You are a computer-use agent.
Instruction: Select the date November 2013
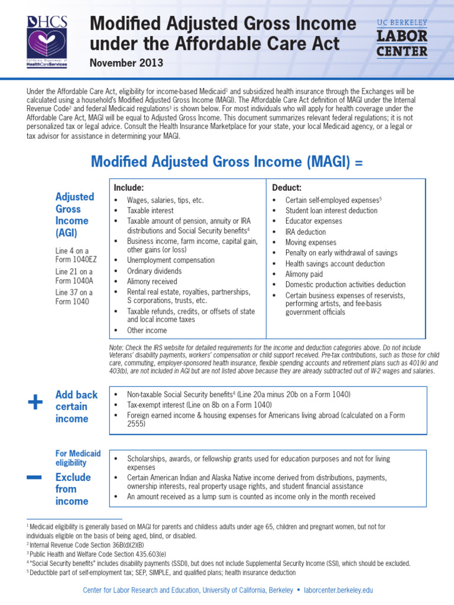pyautogui.click(x=126, y=62)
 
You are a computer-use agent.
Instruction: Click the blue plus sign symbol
pyautogui.click(x=35, y=403)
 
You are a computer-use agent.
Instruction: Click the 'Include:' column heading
pyautogui.click(x=129, y=187)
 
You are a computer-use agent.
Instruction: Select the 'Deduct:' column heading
pyautogui.click(x=287, y=187)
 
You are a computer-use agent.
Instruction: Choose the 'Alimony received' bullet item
pyautogui.click(x=151, y=282)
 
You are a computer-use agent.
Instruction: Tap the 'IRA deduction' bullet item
pyautogui.click(x=305, y=232)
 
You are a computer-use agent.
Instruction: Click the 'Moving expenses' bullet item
pyautogui.click(x=310, y=242)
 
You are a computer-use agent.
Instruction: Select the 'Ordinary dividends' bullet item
pyautogui.click(x=154, y=271)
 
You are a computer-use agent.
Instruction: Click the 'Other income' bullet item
pyautogui.click(x=147, y=330)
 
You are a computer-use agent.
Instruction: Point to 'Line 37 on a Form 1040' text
pyautogui.click(x=74, y=297)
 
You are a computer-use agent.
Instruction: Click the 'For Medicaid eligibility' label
pyautogui.click(x=78, y=458)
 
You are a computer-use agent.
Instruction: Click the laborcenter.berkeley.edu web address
pyautogui.click(x=339, y=590)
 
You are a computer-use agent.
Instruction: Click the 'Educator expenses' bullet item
pyautogui.click(x=313, y=221)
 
